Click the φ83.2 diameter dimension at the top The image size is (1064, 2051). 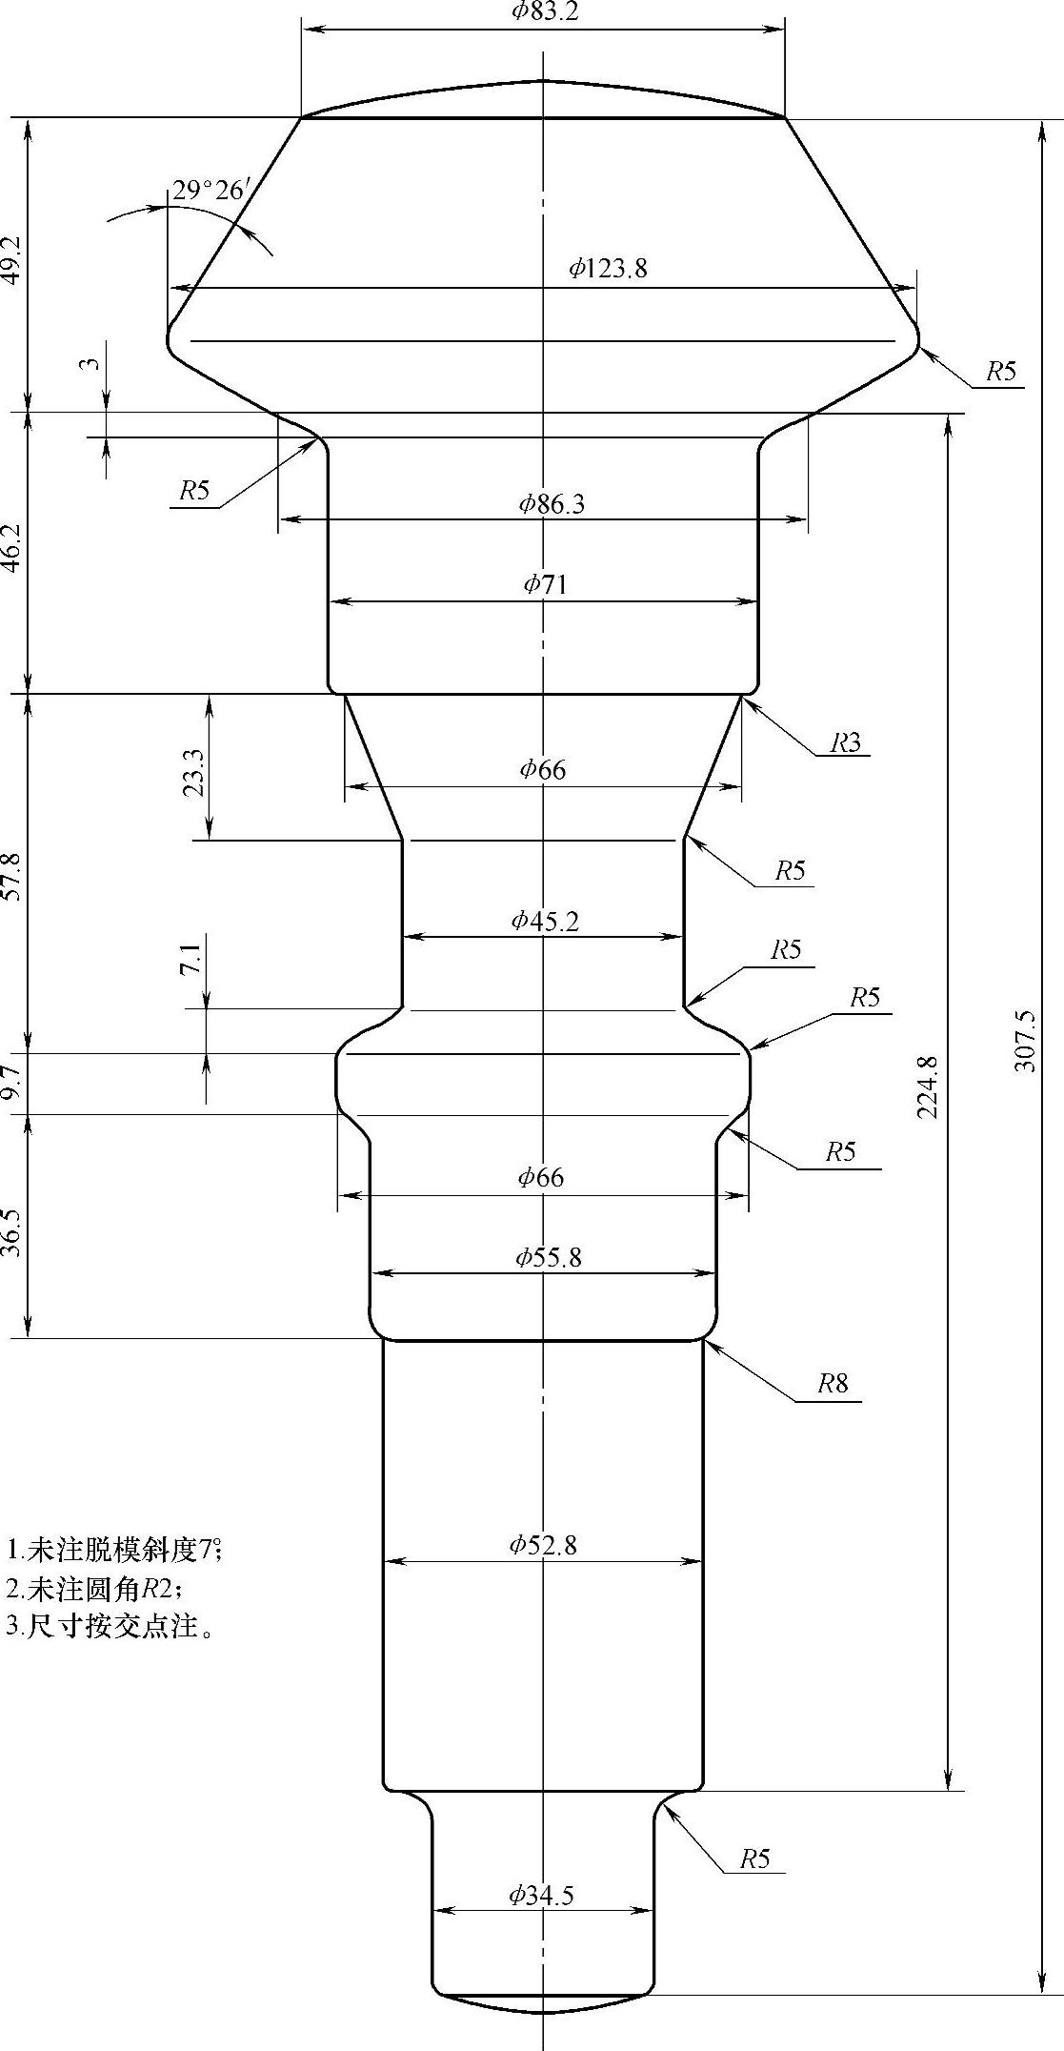coord(545,11)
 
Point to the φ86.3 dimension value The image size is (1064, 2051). coord(552,503)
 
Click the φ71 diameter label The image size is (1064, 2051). coord(545,584)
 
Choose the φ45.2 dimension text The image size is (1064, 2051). coord(545,921)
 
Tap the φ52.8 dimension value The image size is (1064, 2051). coord(543,1545)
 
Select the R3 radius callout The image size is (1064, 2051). coord(845,742)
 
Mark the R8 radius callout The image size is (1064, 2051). coord(833,1383)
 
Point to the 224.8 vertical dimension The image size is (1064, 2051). coord(929,1086)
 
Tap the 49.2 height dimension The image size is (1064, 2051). coord(13,260)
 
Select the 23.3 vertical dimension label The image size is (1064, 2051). coord(193,772)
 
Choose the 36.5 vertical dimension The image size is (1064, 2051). coord(13,1233)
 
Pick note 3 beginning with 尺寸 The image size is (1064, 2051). coord(109,1626)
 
